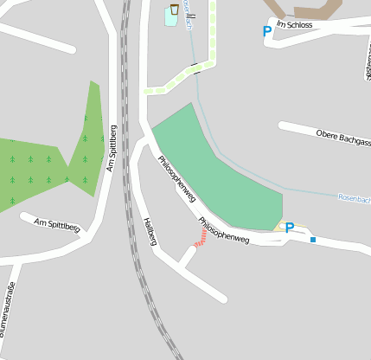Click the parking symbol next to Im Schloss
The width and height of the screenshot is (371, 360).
[267, 31]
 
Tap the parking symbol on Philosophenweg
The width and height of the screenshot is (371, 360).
[290, 228]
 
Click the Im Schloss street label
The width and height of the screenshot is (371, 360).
[294, 24]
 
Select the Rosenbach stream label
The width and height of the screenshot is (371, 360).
[354, 199]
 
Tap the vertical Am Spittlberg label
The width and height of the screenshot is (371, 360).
[112, 147]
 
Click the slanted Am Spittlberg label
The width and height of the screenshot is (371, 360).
[56, 226]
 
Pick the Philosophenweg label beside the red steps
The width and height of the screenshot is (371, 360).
[223, 230]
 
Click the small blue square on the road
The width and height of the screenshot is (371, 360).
[313, 240]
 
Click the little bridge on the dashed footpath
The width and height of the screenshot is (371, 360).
[197, 67]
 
